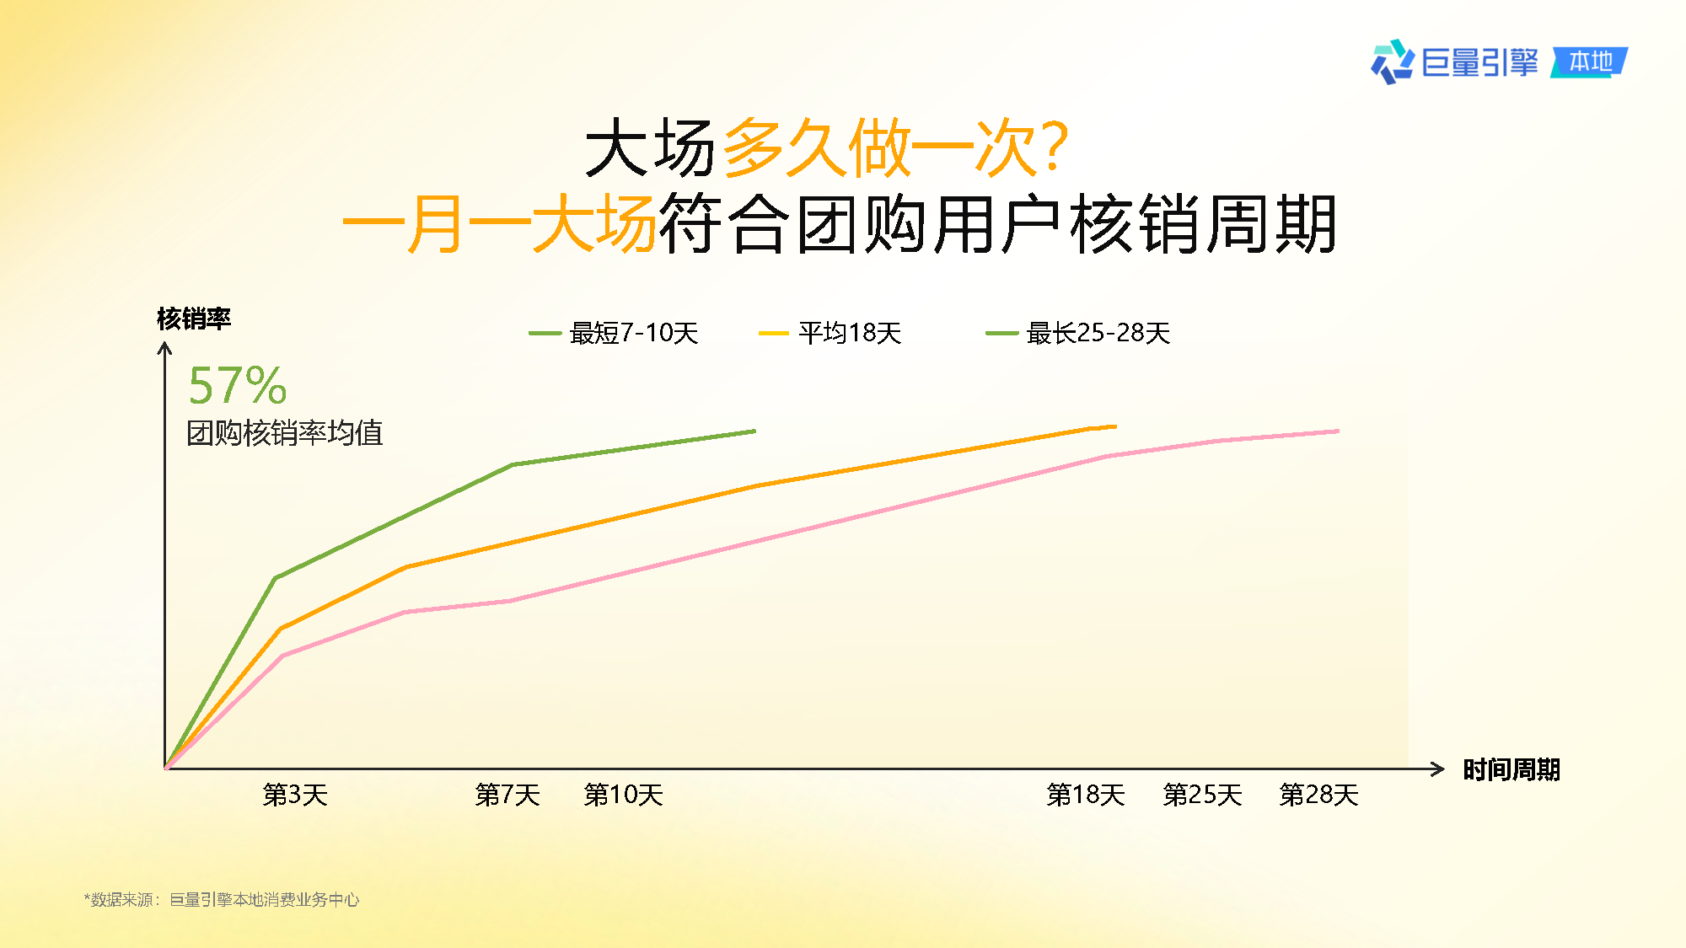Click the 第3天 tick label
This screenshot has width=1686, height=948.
295,795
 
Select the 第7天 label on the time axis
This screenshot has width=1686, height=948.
507,795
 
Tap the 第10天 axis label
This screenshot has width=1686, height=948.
624,795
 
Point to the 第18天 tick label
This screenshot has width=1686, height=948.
1086,795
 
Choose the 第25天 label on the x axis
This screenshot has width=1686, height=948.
1203,795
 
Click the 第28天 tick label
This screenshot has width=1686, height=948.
1319,795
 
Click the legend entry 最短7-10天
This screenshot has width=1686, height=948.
614,333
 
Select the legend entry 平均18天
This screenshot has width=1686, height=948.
830,333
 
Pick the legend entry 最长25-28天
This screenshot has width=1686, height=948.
1078,333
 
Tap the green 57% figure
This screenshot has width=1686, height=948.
238,386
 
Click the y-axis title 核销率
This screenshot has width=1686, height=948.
194,319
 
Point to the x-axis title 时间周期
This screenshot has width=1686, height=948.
1511,769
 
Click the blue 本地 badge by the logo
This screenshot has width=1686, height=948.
1590,62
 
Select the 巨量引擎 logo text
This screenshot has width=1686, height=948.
1480,62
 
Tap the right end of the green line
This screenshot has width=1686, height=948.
755,431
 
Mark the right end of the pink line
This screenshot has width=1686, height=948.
1339,431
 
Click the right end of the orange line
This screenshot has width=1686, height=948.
1116,426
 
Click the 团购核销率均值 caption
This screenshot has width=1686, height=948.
285,433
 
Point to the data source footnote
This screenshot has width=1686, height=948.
222,900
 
